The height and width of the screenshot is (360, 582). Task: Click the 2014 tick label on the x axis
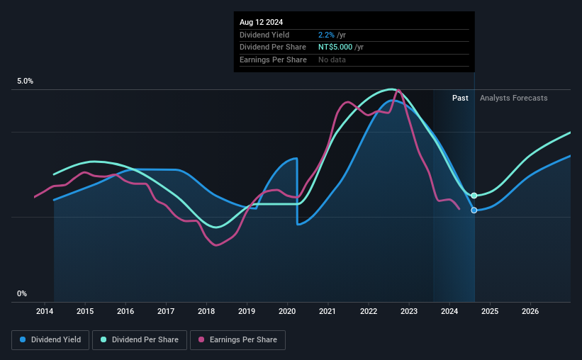pos(45,311)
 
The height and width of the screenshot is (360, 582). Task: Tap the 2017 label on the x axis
pos(166,311)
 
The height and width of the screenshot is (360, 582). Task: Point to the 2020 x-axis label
pos(287,311)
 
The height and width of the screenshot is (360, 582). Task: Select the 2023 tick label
pos(408,311)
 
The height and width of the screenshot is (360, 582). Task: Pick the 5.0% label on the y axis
pos(25,81)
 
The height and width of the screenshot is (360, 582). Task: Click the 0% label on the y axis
pos(22,293)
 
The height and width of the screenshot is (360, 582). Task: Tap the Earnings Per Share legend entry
pos(237,340)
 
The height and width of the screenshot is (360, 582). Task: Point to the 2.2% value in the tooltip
pos(327,35)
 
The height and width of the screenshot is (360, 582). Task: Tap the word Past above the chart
pos(460,98)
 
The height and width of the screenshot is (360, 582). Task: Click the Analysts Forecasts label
pos(513,98)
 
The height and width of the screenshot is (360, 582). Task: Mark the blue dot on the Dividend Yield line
pos(474,210)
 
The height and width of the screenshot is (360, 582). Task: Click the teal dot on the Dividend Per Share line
pos(474,195)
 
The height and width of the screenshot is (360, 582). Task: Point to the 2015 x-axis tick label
pos(85,311)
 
